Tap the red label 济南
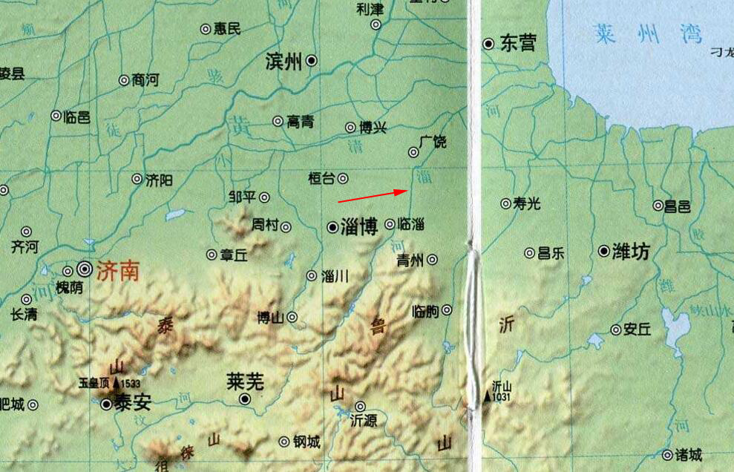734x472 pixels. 117,271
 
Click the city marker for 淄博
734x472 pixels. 332,227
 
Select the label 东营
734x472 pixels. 517,43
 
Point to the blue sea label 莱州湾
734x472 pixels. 647,34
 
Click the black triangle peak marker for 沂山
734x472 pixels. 488,396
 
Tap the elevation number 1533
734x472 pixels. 131,384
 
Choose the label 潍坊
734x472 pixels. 631,252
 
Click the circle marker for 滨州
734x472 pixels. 312,61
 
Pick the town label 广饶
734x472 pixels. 433,141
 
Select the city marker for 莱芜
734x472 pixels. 245,399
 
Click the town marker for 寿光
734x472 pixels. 505,203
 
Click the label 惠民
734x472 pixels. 227,29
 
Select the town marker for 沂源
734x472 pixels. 360,406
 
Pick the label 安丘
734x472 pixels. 637,330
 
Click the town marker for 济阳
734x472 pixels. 137,179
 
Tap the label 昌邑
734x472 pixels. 677,206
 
